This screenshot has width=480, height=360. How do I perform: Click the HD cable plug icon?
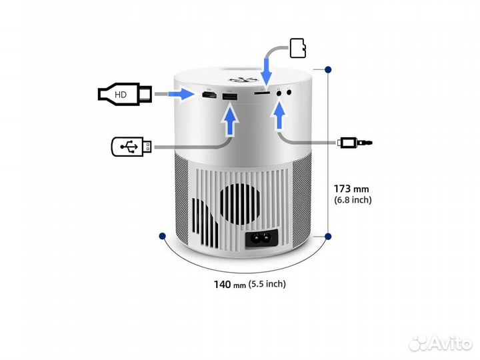coord(125,95)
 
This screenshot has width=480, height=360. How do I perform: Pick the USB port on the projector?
coord(229,99)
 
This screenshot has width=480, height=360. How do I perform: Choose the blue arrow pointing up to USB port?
coord(230,123)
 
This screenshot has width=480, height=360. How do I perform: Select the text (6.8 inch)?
coord(353,199)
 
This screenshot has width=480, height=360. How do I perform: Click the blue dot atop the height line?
coord(328,69)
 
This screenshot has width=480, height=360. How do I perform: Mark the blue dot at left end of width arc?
coord(161,235)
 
